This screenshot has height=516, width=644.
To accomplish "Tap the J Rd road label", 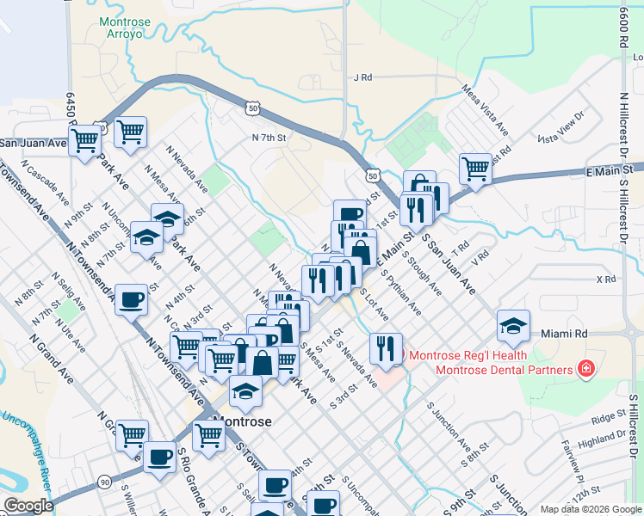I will point(362,77).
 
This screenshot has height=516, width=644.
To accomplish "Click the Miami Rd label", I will point(563,333).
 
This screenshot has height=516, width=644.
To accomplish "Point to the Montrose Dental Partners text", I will point(504,370).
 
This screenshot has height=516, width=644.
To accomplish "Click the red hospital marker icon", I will point(586,369).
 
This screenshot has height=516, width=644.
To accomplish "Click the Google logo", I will point(28,506).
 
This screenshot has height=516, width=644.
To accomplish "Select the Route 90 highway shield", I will point(103,482).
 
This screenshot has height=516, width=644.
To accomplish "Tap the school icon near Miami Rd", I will point(513,325).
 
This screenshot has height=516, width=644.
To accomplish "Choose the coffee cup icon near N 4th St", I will point(131,299).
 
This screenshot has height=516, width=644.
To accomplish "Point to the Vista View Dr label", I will point(560,126).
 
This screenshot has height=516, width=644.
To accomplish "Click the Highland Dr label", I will point(598,441).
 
